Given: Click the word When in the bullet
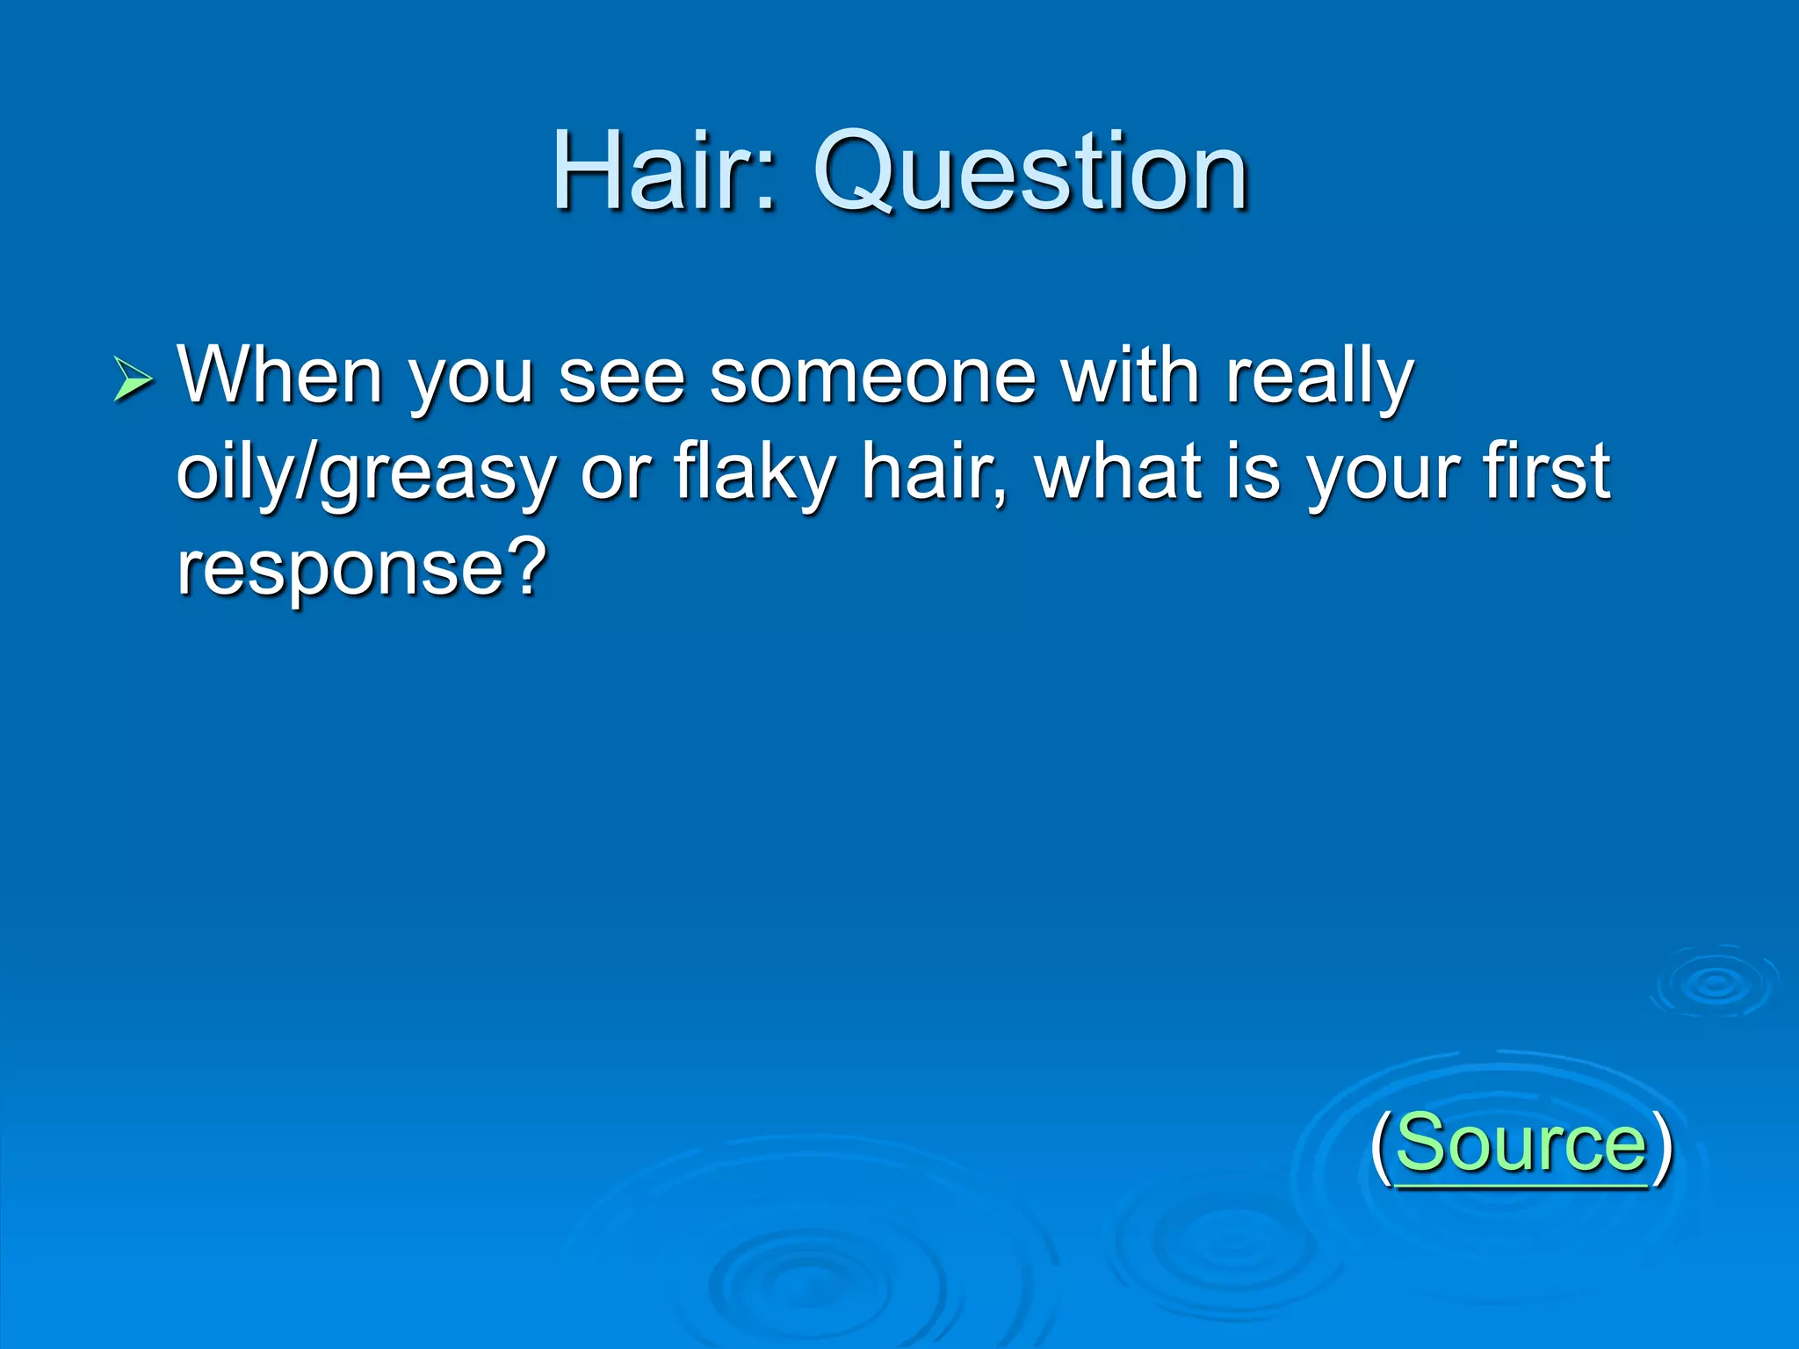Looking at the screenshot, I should (280, 375).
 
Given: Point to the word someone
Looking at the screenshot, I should (872, 375).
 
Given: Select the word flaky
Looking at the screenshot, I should (755, 473).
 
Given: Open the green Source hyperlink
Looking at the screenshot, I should (1521, 1143).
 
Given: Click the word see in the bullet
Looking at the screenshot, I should (621, 377).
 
